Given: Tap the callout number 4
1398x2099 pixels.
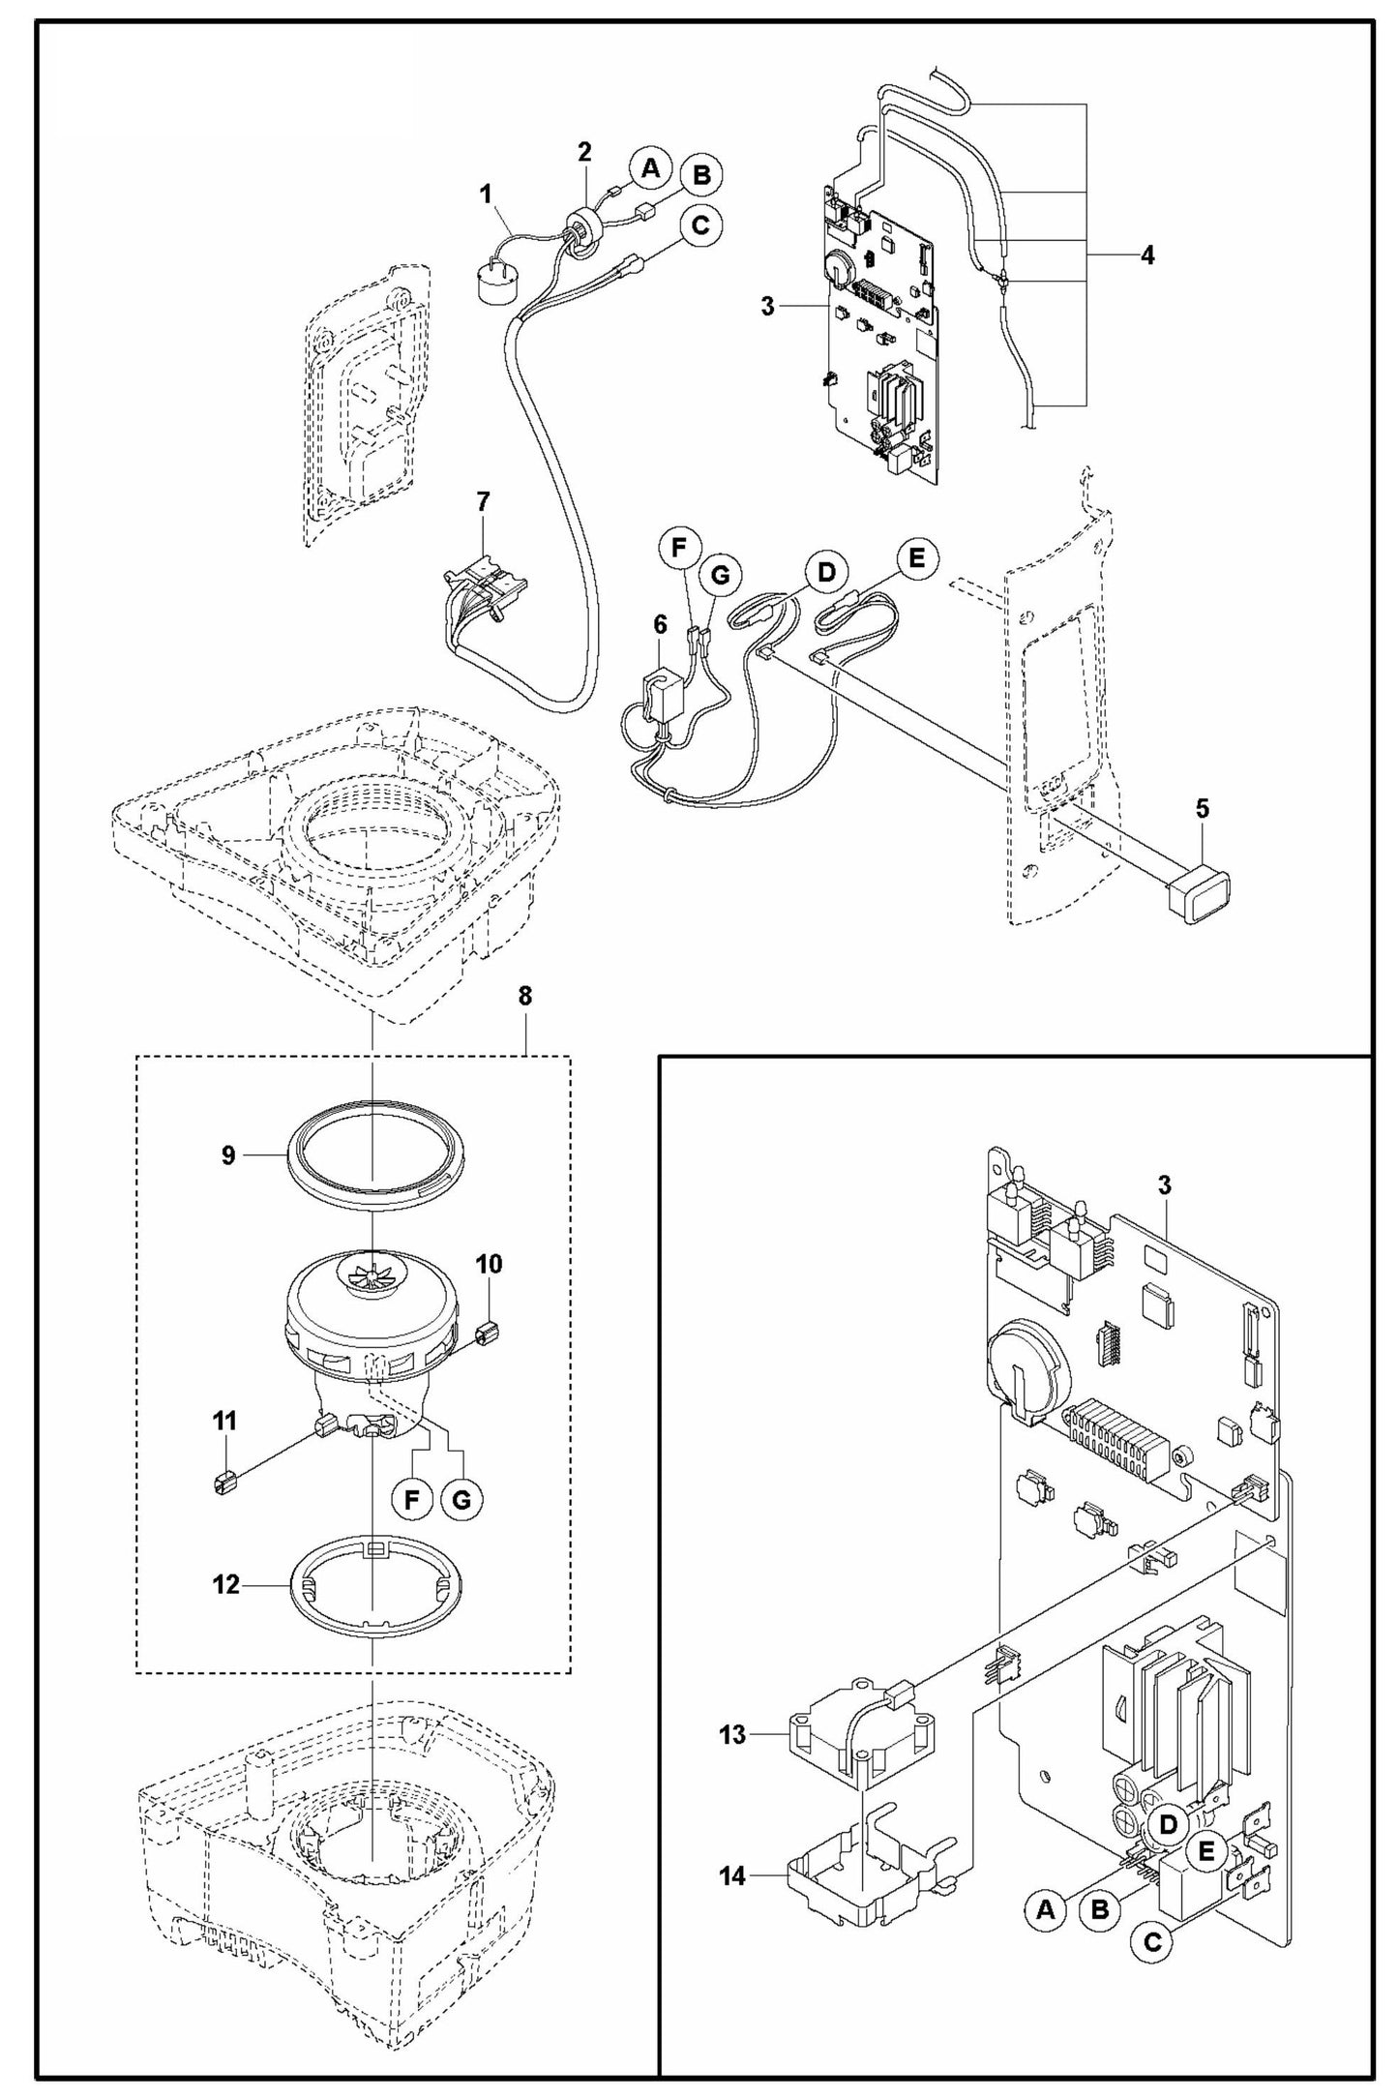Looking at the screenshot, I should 1147,255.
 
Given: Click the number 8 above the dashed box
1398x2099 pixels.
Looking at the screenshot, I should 524,997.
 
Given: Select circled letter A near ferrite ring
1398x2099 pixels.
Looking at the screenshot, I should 650,168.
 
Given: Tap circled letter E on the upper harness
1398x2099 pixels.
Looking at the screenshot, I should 916,558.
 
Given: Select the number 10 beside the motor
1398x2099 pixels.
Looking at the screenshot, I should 489,1264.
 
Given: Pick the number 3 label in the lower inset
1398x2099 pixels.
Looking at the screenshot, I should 1165,1184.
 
